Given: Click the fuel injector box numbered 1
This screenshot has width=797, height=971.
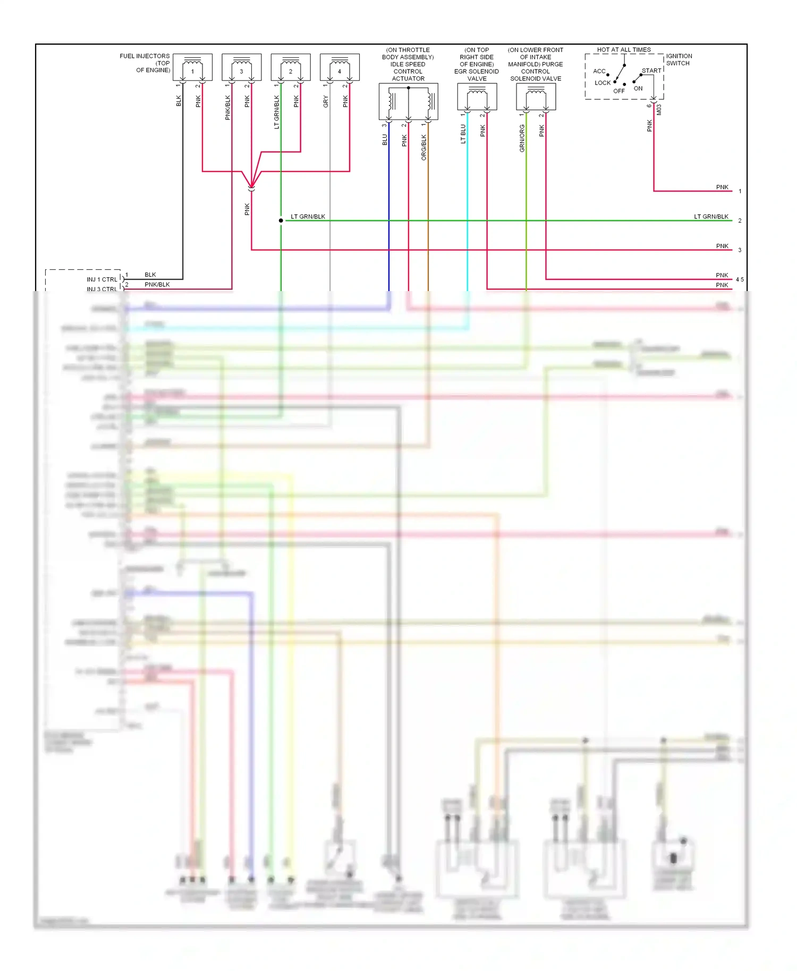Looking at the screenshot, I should [192, 67].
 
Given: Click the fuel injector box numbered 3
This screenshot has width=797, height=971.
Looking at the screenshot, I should [241, 67].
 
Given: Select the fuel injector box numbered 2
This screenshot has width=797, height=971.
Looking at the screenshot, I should [291, 67].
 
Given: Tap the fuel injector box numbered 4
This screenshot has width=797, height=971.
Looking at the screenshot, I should [340, 67].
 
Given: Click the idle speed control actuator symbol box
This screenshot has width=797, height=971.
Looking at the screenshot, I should [408, 101].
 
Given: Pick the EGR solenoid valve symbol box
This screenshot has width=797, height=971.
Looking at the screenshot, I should [477, 97].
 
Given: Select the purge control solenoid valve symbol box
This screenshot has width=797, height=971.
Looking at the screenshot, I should [536, 97].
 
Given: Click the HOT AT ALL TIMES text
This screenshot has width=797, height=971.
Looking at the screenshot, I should [624, 50].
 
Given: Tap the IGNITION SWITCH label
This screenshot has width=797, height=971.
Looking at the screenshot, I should [679, 59].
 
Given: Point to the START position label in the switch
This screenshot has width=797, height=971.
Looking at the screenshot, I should [651, 71].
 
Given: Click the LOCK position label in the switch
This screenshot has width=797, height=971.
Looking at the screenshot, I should [603, 83].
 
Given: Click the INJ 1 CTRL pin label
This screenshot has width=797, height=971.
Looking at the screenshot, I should [102, 279].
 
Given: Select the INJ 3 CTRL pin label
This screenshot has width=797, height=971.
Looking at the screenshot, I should [102, 289].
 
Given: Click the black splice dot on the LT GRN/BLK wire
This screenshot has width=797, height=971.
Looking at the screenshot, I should [281, 220].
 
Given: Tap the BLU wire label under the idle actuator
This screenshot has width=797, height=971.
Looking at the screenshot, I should [385, 140].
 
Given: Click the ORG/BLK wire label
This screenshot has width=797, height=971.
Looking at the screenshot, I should [423, 147].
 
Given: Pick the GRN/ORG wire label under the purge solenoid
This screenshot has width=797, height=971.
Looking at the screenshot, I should [522, 139].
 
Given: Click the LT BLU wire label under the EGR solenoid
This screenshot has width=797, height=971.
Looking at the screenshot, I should [463, 134].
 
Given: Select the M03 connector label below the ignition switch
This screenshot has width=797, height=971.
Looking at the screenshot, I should [659, 109].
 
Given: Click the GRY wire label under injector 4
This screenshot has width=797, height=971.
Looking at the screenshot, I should [326, 102].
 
